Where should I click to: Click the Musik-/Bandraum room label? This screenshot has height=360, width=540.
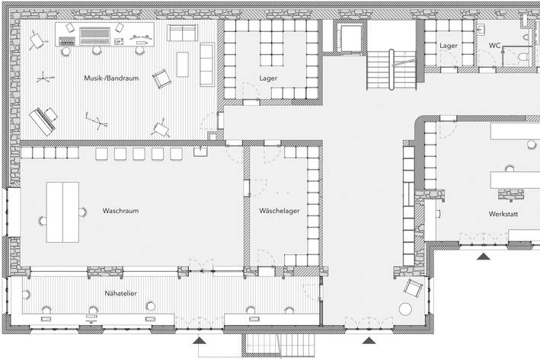tap(111, 78)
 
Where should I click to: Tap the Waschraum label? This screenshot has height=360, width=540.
tap(120, 211)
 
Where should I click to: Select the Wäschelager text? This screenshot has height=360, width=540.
tap(280, 211)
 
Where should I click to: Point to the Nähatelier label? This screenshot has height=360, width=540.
tap(120, 293)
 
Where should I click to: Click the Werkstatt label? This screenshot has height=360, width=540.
tap(503, 214)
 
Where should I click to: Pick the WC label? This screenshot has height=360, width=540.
tap(494, 46)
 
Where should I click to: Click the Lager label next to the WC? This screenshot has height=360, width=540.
tap(449, 46)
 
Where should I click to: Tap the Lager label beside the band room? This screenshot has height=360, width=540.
tap(268, 78)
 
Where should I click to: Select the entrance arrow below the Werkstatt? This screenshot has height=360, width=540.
tap(484, 256)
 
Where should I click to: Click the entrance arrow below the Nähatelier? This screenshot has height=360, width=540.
tap(200, 340)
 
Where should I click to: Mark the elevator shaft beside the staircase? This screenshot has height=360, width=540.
tap(350, 38)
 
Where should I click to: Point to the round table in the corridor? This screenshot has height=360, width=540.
tap(405, 309)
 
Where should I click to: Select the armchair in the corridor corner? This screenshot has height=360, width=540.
tap(413, 288)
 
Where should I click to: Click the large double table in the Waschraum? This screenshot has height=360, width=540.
tap(62, 212)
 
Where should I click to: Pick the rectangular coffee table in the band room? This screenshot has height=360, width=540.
tap(183, 65)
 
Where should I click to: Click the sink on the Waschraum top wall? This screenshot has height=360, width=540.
tap(200, 151)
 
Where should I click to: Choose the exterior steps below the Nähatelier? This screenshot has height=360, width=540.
tap(278, 345)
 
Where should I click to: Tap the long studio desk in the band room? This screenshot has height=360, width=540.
tap(104, 34)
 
